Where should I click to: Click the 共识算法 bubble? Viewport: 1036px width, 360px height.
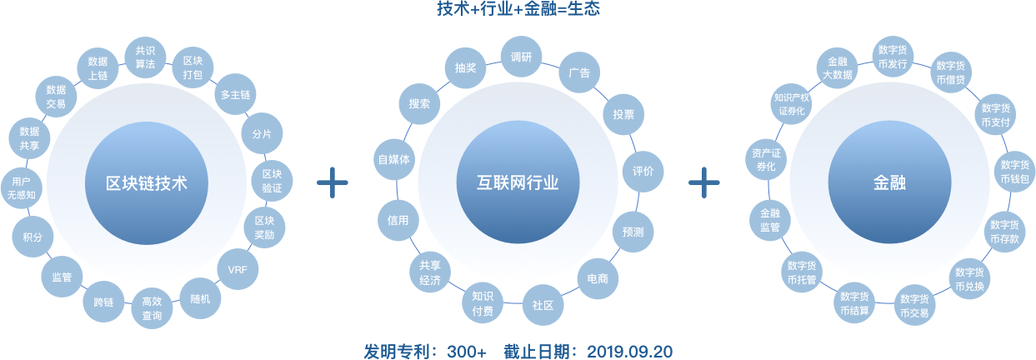(144, 57)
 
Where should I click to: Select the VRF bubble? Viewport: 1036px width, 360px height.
(238, 270)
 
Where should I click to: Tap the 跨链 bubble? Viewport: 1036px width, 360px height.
(104, 302)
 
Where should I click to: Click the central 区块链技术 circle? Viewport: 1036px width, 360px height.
(148, 183)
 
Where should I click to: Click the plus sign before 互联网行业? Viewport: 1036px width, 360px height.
(332, 182)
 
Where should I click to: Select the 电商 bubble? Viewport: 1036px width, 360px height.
(597, 278)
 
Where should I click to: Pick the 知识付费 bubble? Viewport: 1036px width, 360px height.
(483, 302)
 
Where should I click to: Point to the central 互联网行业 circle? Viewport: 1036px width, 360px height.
(518, 183)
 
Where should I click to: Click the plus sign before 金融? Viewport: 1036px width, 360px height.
(704, 182)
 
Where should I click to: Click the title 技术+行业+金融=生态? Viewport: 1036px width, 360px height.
(518, 9)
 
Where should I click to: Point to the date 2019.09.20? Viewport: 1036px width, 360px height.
(630, 351)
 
